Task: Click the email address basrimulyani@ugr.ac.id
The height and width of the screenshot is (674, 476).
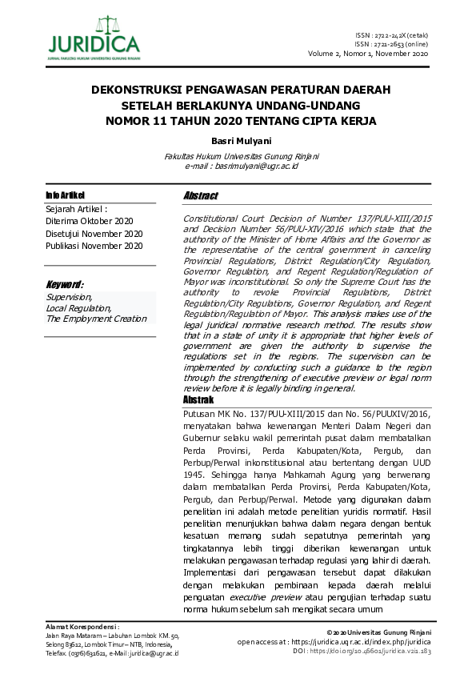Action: pos(257,166)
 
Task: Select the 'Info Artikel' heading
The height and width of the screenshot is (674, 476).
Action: pos(65,195)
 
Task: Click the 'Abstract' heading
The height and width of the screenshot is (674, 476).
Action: pos(201,196)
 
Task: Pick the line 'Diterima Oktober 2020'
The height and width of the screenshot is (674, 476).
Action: pos(88,221)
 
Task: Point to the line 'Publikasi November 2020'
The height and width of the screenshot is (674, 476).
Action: pos(94,247)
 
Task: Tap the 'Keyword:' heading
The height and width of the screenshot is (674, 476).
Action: pos(66,284)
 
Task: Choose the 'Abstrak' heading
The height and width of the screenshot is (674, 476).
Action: pos(198,399)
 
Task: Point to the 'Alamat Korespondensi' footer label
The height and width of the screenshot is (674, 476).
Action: pos(82,627)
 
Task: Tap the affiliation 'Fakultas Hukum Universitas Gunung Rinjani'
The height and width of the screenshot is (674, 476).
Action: pos(241,156)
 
